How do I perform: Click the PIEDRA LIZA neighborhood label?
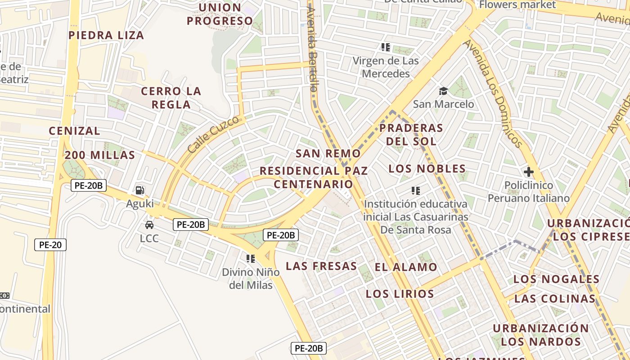click(x=106, y=35)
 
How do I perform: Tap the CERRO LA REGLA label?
click(x=171, y=98)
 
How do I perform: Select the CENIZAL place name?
click(x=74, y=131)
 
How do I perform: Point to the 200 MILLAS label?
click(x=99, y=155)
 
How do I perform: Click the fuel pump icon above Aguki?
click(x=140, y=190)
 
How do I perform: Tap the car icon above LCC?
click(x=149, y=225)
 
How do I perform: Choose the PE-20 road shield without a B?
click(x=50, y=245)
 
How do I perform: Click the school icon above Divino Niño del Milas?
click(x=251, y=259)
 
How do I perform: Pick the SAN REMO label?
click(x=328, y=153)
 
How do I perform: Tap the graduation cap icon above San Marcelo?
click(x=443, y=91)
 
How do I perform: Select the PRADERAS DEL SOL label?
click(x=411, y=135)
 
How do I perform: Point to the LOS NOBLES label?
click(x=427, y=169)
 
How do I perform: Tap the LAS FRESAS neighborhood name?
click(x=321, y=266)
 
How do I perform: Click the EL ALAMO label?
click(x=406, y=267)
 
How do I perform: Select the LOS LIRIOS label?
click(x=400, y=294)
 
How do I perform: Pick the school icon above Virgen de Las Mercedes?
click(x=385, y=47)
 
